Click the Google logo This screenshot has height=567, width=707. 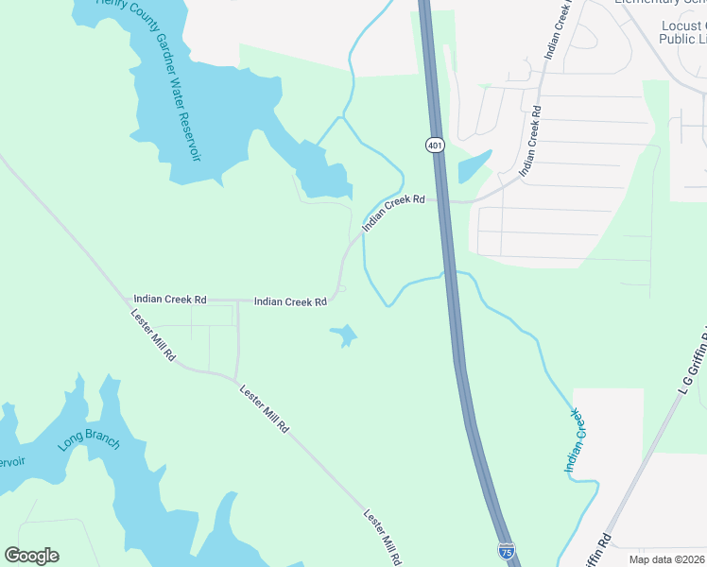point(31,556)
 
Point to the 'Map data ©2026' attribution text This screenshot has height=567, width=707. point(666,559)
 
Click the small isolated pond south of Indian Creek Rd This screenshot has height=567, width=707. point(343,335)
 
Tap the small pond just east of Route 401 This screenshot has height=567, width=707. point(474,167)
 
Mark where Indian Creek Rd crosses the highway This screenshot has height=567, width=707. point(440,200)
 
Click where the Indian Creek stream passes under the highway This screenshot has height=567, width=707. point(450,274)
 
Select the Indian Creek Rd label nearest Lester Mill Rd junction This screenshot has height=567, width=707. point(170,299)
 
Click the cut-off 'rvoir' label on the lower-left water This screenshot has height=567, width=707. point(9,462)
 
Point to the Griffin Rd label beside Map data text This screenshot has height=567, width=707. point(598,548)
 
